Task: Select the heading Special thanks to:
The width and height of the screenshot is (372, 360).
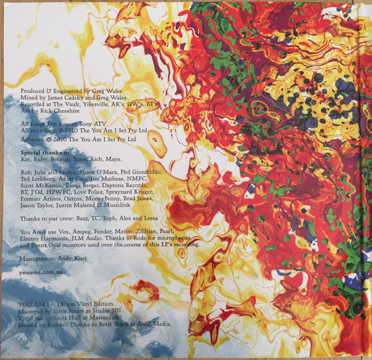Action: (x=38, y=152)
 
